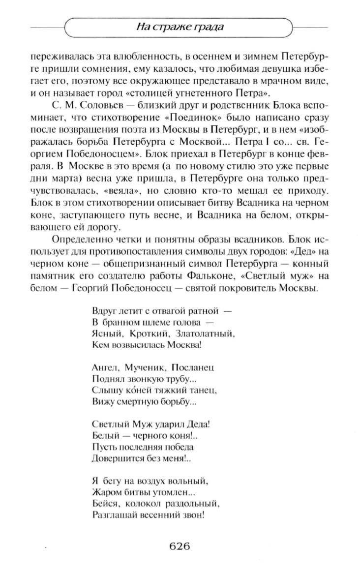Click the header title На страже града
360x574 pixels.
(180, 27)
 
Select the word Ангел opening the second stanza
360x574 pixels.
(104, 367)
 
